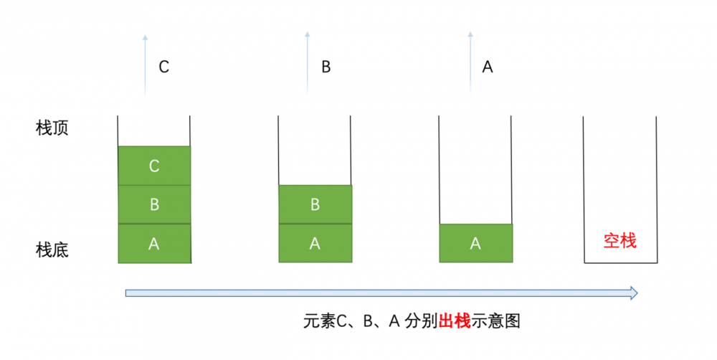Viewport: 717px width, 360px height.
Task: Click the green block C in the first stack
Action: coord(154,166)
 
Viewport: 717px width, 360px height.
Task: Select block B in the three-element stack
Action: coord(154,204)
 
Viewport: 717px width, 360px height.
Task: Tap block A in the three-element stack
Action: coord(154,244)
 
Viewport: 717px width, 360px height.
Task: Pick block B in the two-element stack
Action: coord(315,204)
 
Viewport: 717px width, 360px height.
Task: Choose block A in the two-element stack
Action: coord(315,244)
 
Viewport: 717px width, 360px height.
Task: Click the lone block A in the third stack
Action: coord(475,244)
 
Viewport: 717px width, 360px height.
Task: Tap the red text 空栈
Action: coord(619,241)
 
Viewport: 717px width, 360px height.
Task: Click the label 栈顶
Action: coord(52,128)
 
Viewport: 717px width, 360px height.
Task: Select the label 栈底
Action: coord(52,250)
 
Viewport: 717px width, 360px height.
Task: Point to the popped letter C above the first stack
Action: coord(163,67)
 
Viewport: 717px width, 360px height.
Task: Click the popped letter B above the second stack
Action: coord(326,67)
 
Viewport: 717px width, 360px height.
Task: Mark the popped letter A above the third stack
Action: coord(488,67)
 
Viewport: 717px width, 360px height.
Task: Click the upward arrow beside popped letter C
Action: coord(145,65)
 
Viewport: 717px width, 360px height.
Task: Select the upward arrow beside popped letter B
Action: coord(307,65)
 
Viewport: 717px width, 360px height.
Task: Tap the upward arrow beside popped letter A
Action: coord(470,65)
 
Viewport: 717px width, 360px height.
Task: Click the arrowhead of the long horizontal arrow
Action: coord(632,293)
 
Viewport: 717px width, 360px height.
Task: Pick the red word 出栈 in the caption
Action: coord(454,321)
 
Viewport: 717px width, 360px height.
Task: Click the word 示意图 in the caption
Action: coord(495,321)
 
